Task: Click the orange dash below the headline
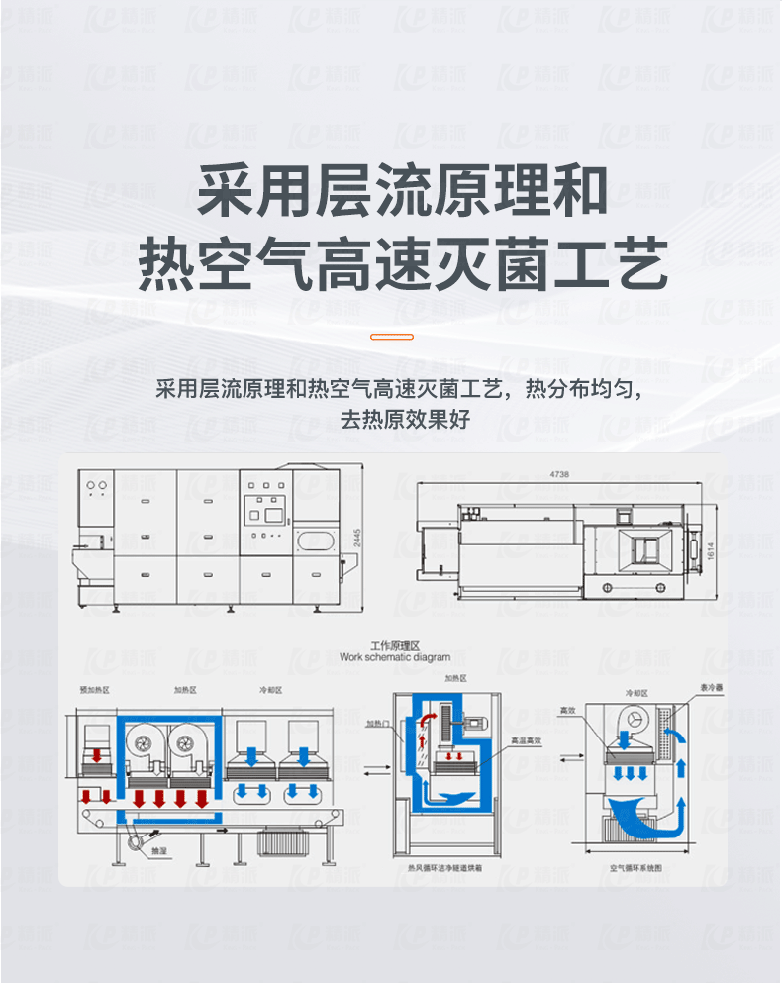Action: pos(391,337)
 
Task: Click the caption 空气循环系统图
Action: pos(635,867)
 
